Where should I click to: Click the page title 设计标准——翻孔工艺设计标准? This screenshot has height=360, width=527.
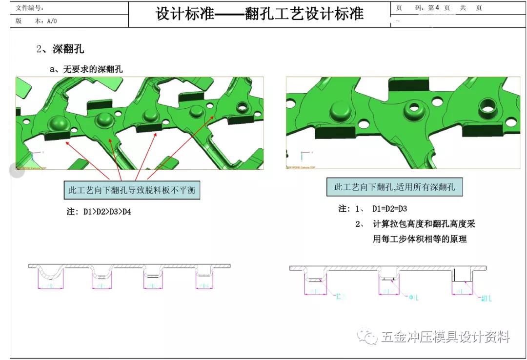[260, 13]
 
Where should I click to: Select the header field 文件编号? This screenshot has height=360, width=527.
[30, 8]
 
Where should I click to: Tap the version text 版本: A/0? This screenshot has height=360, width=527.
[37, 21]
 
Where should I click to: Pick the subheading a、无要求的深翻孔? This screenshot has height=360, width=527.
[86, 69]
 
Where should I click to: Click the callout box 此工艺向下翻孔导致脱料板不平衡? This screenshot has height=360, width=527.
[132, 190]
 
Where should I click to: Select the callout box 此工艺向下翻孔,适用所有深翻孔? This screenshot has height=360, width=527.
[394, 187]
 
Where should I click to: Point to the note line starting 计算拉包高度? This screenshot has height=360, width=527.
[424, 224]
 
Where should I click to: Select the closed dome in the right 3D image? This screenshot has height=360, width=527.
[340, 112]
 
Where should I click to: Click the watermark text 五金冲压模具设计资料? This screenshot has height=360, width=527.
[445, 337]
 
